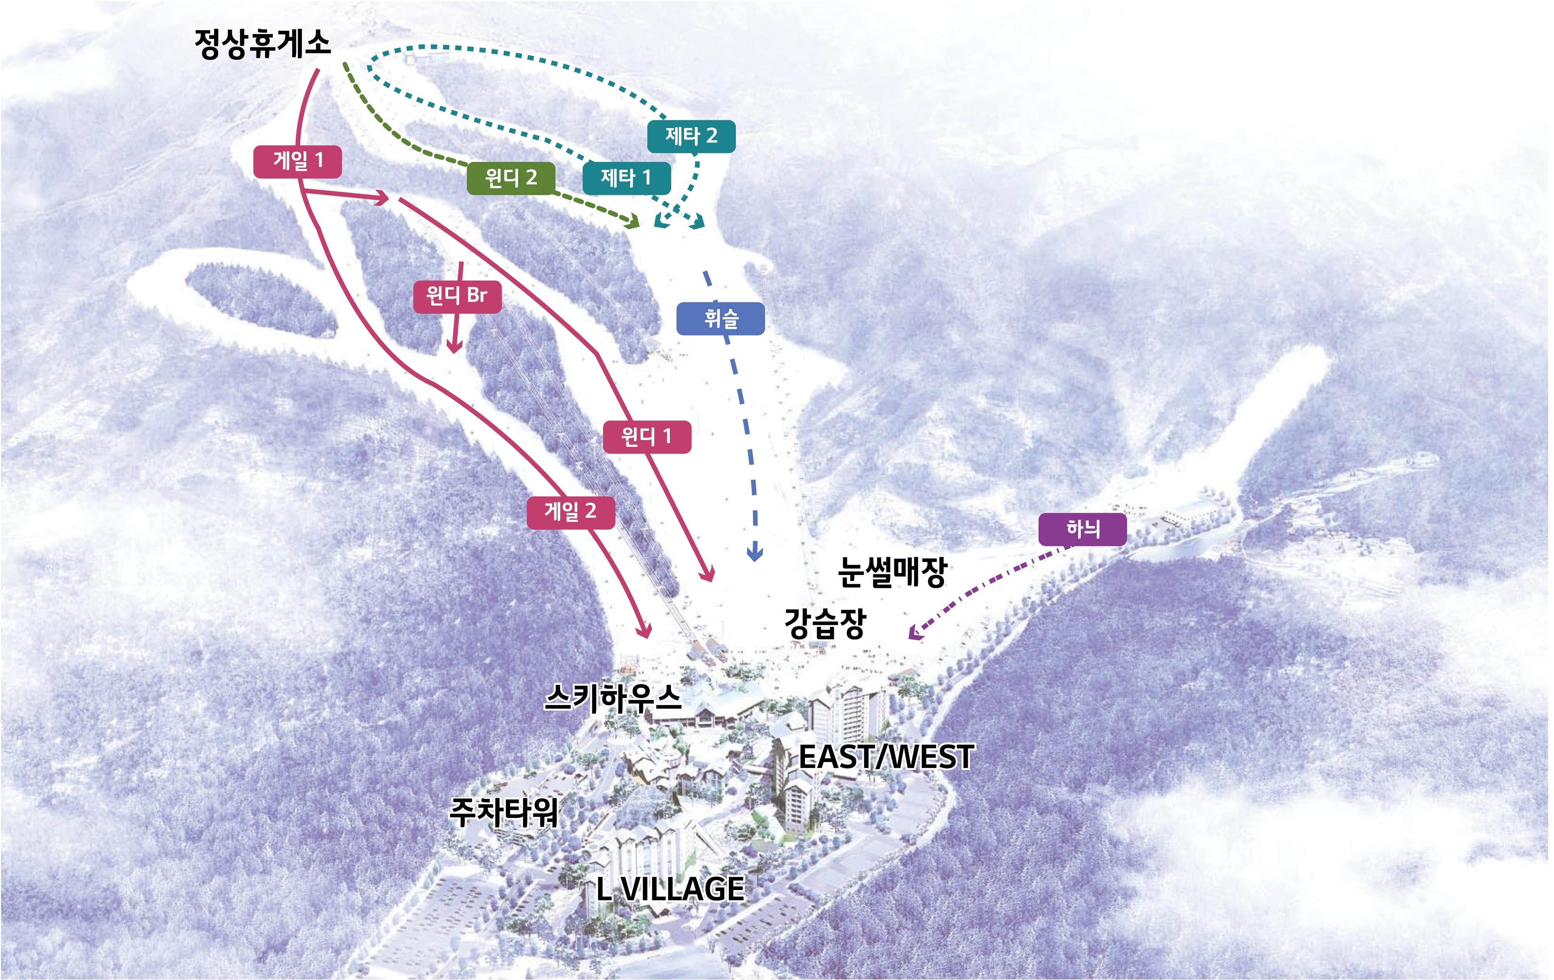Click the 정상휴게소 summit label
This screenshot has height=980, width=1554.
coord(263,44)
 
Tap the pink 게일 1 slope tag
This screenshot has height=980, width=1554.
coord(298,161)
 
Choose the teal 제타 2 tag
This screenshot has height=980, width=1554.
coord(691,136)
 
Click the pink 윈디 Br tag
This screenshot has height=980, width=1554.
coord(457,296)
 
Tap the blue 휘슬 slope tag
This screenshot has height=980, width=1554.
coord(721,319)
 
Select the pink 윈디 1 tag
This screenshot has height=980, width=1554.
coord(646,437)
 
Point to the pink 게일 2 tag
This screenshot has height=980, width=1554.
coord(570,512)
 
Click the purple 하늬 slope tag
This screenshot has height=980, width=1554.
coord(1082,530)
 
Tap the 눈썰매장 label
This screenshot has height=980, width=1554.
coord(892,572)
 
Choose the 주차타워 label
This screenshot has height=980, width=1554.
coord(504,812)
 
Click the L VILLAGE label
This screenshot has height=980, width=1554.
coord(670,889)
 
